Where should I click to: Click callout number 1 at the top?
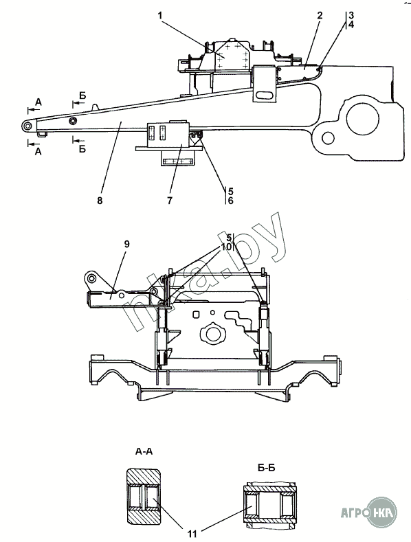160,15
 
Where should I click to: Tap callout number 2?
320,15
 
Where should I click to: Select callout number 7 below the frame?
170,200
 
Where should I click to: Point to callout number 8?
100,200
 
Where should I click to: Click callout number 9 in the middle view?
126,244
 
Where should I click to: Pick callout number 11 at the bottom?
192,534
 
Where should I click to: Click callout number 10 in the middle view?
227,247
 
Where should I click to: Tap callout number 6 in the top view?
230,201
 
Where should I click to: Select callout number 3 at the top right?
351,15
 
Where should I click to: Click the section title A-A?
144,451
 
